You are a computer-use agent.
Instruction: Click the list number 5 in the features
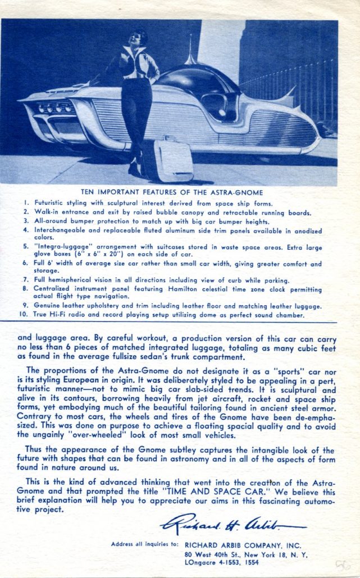pyautogui.click(x=25, y=246)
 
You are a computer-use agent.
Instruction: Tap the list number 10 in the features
pyautogui.click(x=24, y=315)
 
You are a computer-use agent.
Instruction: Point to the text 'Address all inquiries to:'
pyautogui.click(x=145, y=544)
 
